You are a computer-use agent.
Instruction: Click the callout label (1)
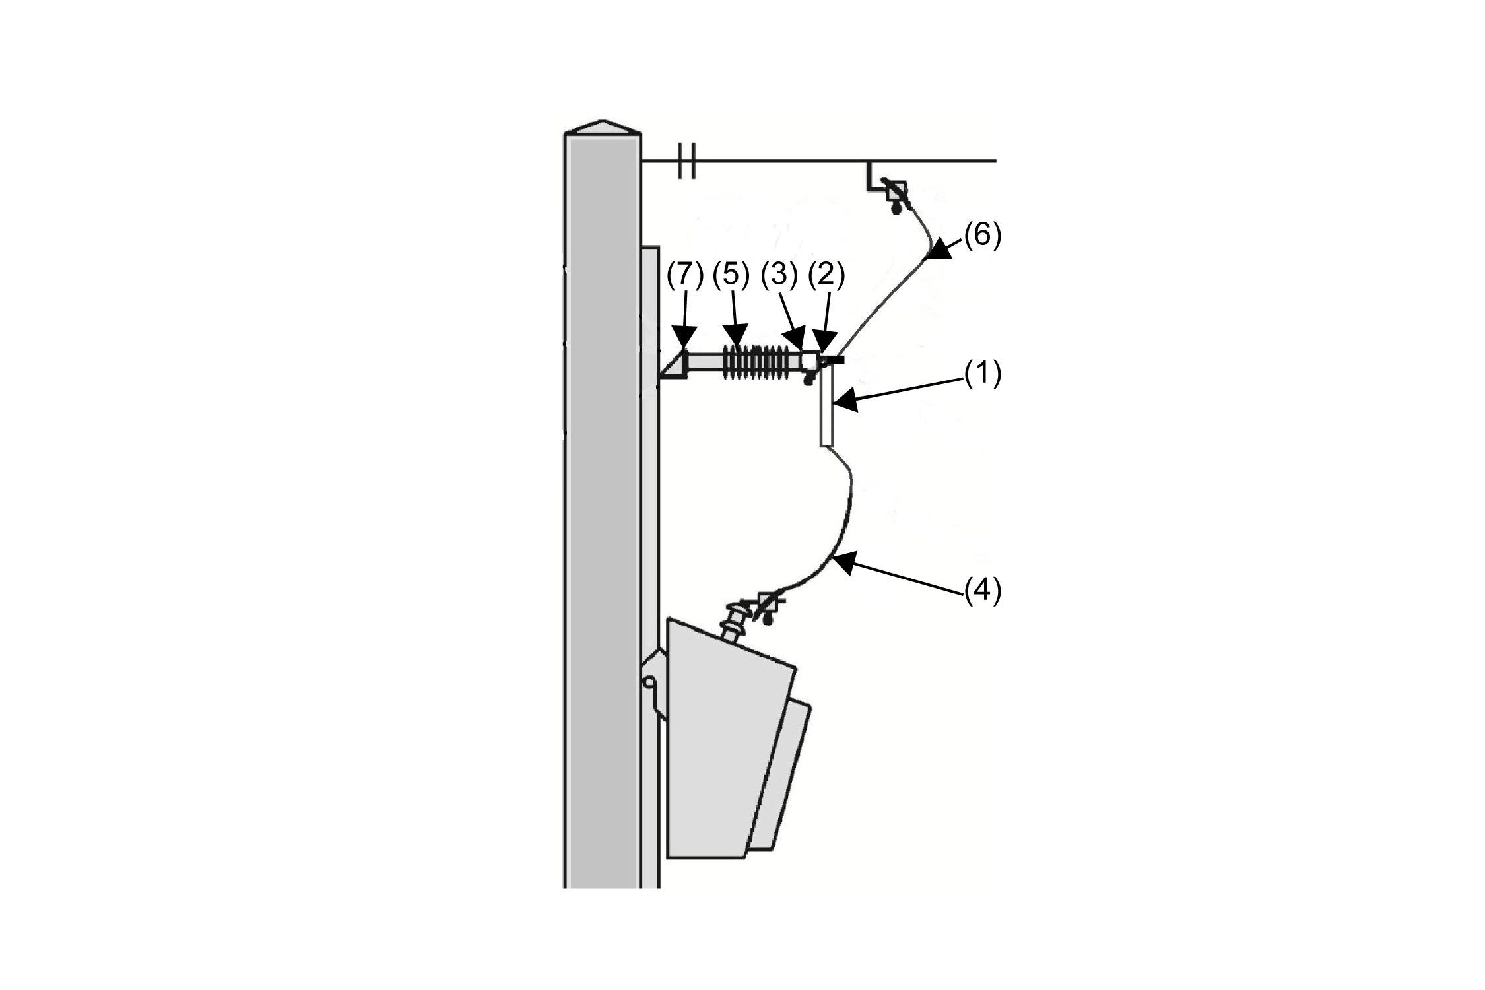(983, 374)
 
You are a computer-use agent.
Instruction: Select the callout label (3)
(779, 277)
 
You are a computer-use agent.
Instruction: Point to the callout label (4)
(983, 591)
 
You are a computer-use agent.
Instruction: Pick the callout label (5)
(731, 277)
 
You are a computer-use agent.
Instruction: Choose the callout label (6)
(983, 236)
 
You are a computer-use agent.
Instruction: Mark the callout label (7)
(684, 277)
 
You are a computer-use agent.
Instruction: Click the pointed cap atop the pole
(602, 128)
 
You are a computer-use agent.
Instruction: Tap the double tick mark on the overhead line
(686, 160)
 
